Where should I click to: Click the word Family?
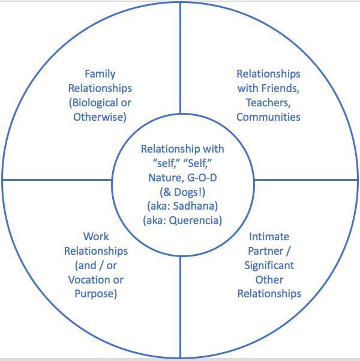pyautogui.click(x=100, y=74)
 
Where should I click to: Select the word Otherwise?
pyautogui.click(x=100, y=117)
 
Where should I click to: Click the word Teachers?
pyautogui.click(x=269, y=103)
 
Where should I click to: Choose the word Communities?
pyautogui.click(x=268, y=117)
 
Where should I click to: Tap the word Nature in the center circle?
pyautogui.click(x=166, y=177)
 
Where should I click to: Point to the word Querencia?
pyautogui.click(x=194, y=220)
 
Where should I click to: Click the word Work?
pyautogui.click(x=97, y=237)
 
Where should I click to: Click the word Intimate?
pyautogui.click(x=269, y=237)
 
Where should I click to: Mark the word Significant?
pyautogui.click(x=269, y=265)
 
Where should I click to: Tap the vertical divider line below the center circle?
pyautogui.click(x=181, y=300)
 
